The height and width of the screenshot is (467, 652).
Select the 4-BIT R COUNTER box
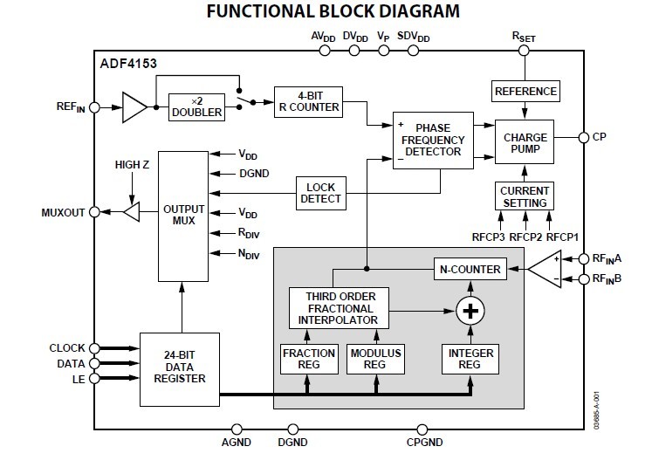[307, 100]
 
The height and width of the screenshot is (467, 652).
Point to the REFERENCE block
[525, 91]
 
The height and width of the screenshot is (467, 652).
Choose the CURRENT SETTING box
[525, 196]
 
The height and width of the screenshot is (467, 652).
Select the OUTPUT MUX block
[183, 215]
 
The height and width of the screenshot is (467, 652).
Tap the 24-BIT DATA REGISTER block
[178, 367]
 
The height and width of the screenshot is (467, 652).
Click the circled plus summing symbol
[470, 311]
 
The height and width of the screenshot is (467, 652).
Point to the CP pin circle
[584, 137]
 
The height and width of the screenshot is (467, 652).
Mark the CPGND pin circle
[423, 429]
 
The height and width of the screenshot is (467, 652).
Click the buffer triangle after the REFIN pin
[134, 107]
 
